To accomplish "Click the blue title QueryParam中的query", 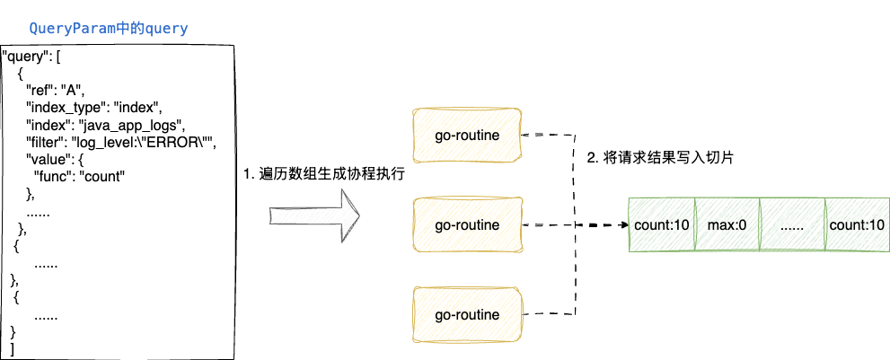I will pos(109,29).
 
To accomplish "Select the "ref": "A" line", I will pos(55,88).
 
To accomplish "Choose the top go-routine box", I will pos(466,135).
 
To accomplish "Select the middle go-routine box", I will pos(466,224).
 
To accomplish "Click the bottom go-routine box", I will pos(466,315).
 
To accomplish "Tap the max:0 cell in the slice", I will pos(727,224).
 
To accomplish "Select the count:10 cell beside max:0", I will pos(662,224).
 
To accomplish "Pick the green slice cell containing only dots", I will pos(792,224).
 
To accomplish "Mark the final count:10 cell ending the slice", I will pos(857,224).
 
